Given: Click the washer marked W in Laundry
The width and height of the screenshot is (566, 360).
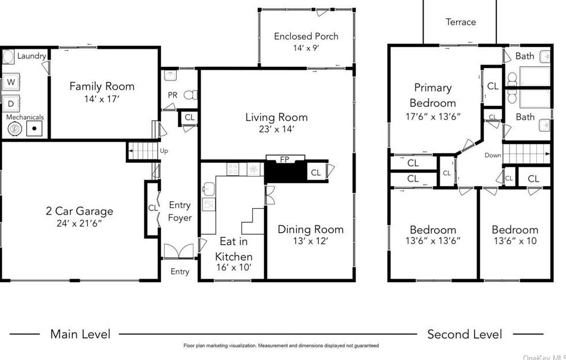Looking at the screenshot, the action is tap(11, 82).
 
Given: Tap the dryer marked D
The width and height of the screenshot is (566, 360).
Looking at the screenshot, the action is tap(11, 104).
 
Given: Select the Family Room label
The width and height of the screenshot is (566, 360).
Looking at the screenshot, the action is tap(102, 86).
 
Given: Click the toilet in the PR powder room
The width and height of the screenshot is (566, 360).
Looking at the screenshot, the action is tap(190, 95).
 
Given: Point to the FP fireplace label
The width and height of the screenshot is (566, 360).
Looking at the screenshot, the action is tap(284, 159).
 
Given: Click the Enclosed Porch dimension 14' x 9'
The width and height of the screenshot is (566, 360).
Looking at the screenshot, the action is tap(306, 48).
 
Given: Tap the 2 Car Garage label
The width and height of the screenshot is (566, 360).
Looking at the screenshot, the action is tap(80, 211).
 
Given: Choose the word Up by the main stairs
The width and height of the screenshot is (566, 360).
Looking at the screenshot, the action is tap(164, 151).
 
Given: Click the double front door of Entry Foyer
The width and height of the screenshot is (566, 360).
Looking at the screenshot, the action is tap(179, 251).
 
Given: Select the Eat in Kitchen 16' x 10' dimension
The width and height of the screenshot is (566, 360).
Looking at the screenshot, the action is tap(233, 268).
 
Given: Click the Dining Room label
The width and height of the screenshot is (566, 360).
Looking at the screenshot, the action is tap(311, 229).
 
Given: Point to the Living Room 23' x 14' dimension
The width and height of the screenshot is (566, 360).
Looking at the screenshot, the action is tap(276, 129).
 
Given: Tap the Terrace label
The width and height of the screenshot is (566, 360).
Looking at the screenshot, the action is tap(461, 22).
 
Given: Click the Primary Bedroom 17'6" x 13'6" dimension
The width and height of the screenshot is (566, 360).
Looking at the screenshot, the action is tap(433, 116).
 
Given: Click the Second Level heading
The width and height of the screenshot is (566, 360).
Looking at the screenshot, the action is tap(465, 334).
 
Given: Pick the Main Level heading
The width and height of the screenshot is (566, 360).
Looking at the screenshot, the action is tap(80, 334).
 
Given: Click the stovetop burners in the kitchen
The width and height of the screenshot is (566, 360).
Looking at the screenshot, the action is tap(233, 169).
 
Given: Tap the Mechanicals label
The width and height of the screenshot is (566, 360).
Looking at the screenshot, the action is tap(25, 117).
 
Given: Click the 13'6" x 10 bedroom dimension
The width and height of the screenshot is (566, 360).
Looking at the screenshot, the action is tap(515, 241).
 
